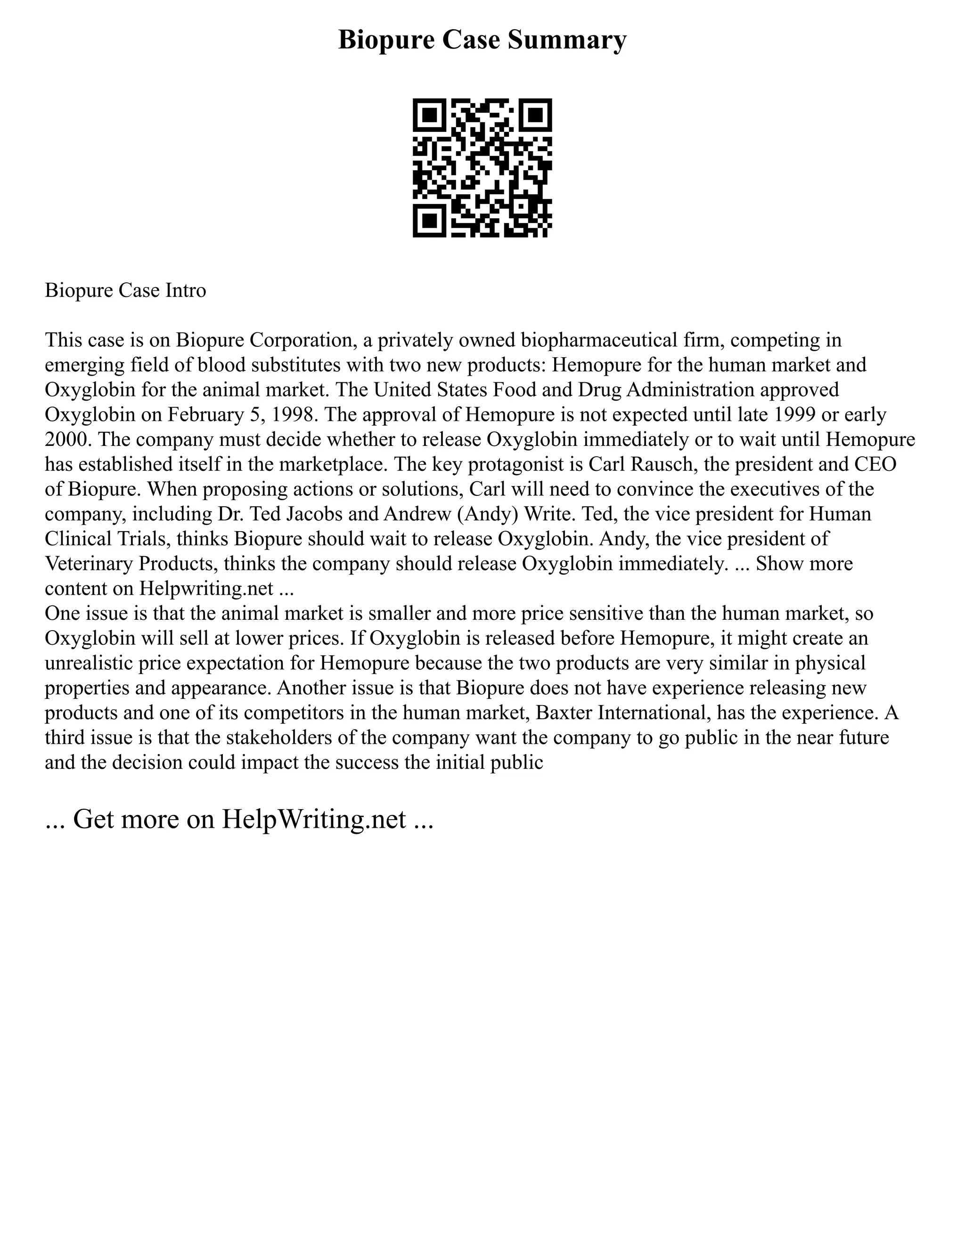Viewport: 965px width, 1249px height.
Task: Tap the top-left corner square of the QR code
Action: pyautogui.click(x=429, y=115)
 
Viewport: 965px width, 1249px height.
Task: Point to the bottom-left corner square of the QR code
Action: pyautogui.click(x=429, y=221)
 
